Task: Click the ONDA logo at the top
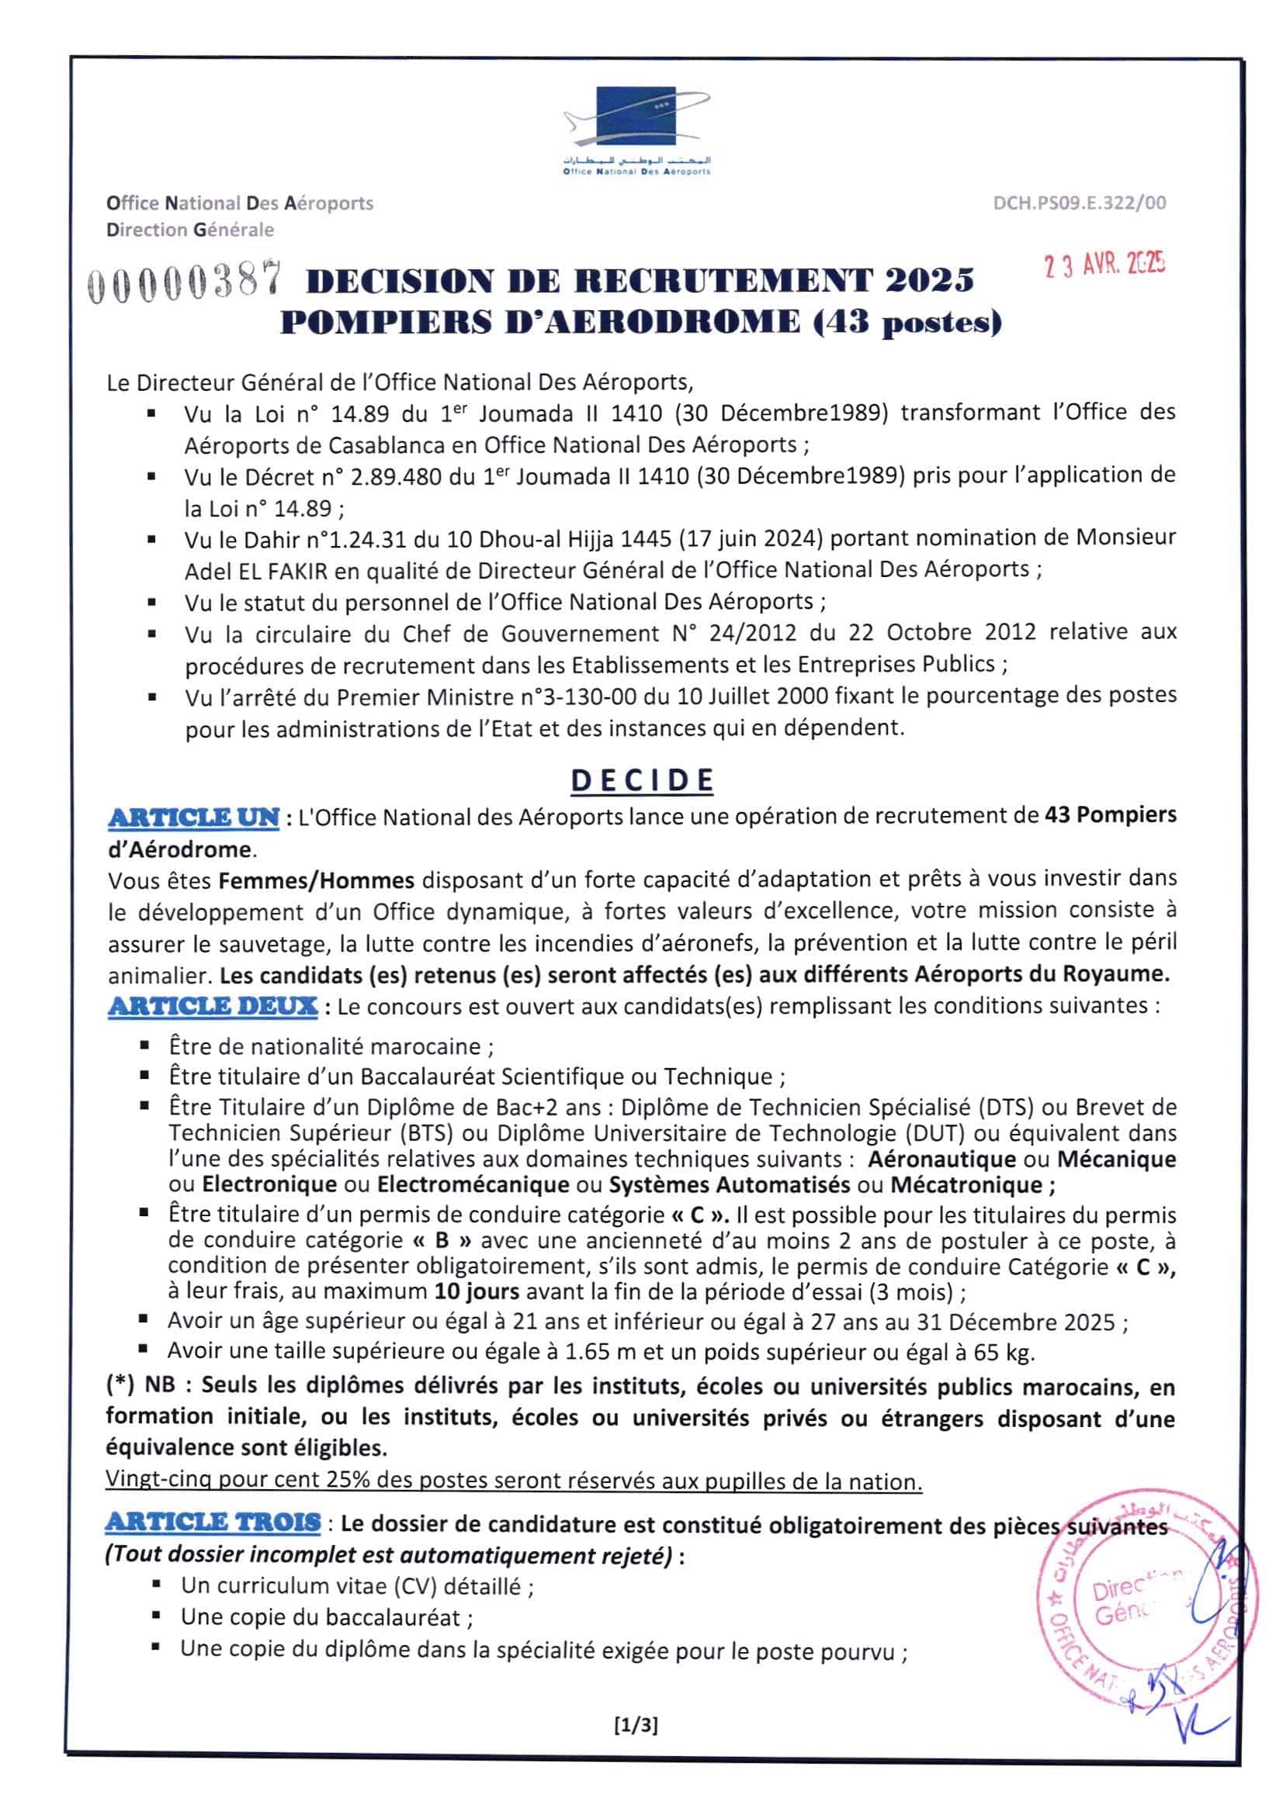636,129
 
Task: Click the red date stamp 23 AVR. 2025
1104,264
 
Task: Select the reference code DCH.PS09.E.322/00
1079,203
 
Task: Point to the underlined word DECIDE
642,781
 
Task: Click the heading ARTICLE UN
193,817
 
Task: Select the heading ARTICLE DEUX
213,1007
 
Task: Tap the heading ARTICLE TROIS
213,1522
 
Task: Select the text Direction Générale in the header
190,230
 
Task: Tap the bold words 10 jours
476,1292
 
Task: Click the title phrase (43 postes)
908,323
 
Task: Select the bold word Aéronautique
941,1160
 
